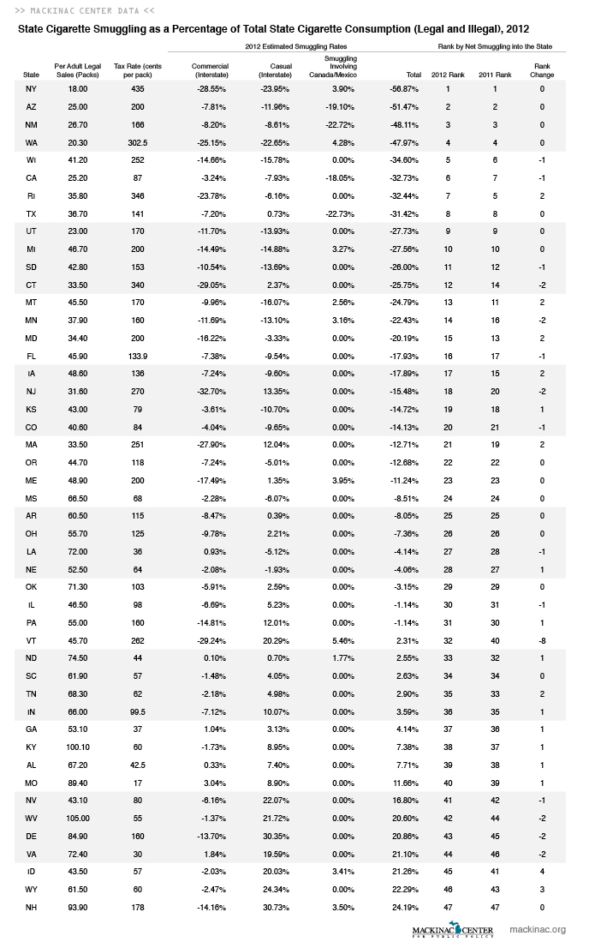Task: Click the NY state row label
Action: [x=32, y=89]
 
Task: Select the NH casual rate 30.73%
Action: [x=275, y=908]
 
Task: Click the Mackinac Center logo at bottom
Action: [x=450, y=929]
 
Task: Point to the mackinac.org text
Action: [x=538, y=929]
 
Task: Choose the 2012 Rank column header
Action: [x=447, y=75]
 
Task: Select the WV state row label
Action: [x=32, y=818]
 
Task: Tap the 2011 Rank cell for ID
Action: [x=494, y=872]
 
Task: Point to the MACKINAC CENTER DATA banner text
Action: [x=85, y=11]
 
